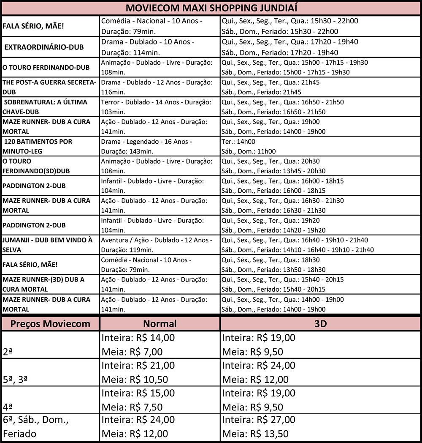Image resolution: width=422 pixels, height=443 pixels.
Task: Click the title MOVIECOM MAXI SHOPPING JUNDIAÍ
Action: [x=211, y=8]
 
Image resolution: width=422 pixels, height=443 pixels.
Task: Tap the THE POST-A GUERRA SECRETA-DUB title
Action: [x=49, y=87]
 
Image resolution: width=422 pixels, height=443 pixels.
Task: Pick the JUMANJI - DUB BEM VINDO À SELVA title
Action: [x=48, y=245]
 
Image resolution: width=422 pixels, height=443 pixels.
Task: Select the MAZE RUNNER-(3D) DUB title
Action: [x=43, y=284]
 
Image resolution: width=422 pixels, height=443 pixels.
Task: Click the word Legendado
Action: [x=142, y=142]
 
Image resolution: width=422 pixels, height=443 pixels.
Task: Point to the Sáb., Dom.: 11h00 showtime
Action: [x=249, y=151]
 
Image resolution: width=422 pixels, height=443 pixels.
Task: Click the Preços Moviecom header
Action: [x=50, y=324]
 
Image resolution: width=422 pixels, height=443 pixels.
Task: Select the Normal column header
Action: [x=160, y=324]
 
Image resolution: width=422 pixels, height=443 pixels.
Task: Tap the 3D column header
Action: [x=321, y=324]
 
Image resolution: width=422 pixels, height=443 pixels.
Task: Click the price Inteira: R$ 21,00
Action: [x=138, y=365]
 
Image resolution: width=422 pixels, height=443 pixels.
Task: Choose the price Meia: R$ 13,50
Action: [x=256, y=434]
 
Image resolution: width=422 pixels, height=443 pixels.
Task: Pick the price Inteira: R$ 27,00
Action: [x=259, y=420]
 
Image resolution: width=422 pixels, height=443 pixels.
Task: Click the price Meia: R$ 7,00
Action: [x=132, y=352]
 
